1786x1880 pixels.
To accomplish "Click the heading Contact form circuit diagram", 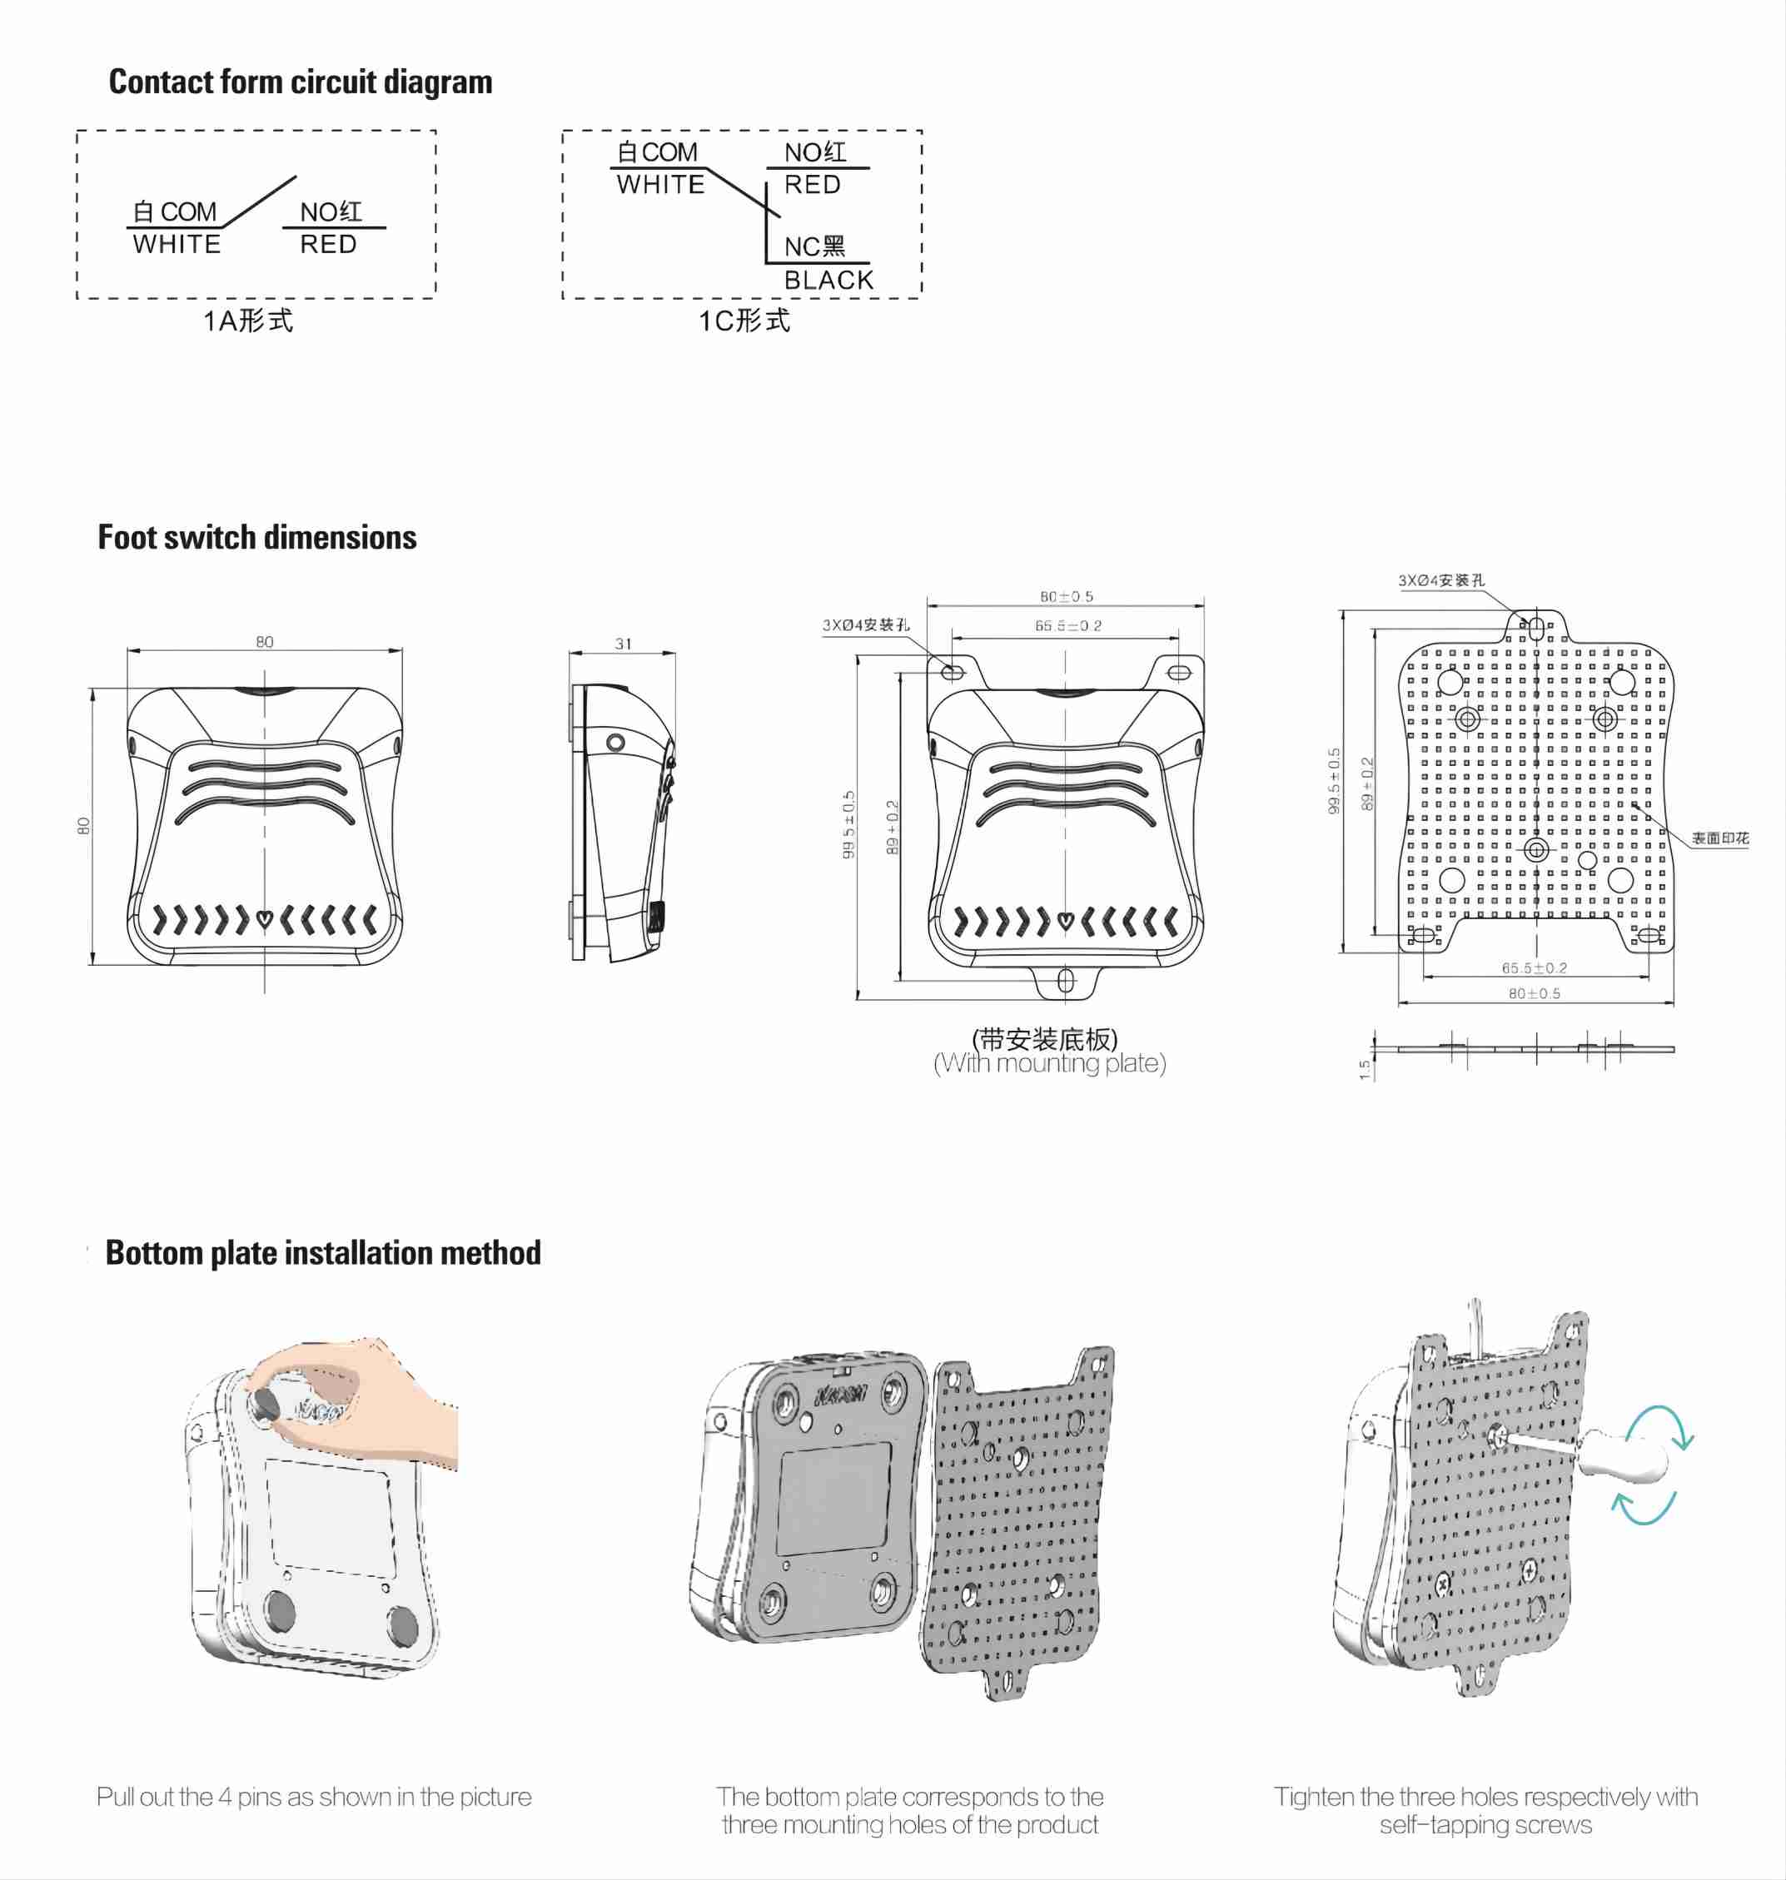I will pyautogui.click(x=300, y=82).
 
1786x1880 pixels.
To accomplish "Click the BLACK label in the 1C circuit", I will pyautogui.click(x=828, y=280).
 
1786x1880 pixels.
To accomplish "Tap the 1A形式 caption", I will pyautogui.click(x=247, y=321).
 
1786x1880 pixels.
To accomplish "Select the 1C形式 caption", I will pyautogui.click(x=744, y=321).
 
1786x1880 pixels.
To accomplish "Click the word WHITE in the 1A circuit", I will pyautogui.click(x=177, y=245).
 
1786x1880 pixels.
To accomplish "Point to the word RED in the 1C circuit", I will pyautogui.click(x=812, y=185).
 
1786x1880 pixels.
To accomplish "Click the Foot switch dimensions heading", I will pyautogui.click(x=257, y=537).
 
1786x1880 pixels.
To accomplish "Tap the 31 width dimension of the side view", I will pyautogui.click(x=623, y=644).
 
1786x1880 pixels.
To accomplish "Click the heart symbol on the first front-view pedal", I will pyautogui.click(x=265, y=919).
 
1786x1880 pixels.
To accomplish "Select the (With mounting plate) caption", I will pyautogui.click(x=1049, y=1063).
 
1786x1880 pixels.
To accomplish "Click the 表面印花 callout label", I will pyautogui.click(x=1719, y=838).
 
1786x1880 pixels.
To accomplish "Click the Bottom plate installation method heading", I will pyautogui.click(x=323, y=1253).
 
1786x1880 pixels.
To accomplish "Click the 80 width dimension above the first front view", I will pyautogui.click(x=265, y=642).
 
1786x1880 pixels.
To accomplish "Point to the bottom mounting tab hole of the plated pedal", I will pyautogui.click(x=1065, y=981).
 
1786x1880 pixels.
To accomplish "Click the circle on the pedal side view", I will pyautogui.click(x=616, y=742).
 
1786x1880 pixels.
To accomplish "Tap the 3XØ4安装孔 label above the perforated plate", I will pyautogui.click(x=1440, y=579).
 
